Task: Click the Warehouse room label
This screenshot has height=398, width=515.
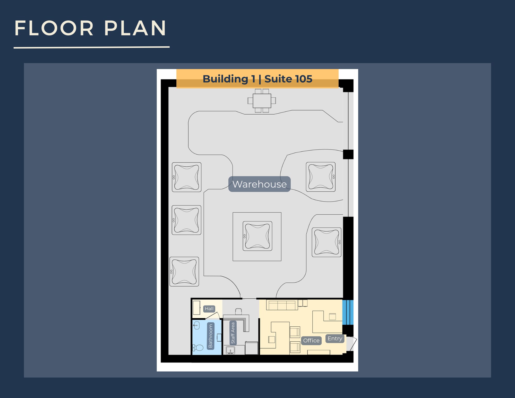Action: [x=259, y=184]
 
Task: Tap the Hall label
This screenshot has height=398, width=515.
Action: [x=209, y=309]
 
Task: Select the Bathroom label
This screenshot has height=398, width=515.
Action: [x=211, y=336]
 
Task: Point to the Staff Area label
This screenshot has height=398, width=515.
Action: [x=233, y=333]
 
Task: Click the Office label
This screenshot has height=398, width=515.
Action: [x=311, y=341]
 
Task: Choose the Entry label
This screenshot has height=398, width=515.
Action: [x=335, y=338]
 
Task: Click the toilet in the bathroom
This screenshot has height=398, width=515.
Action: [x=198, y=348]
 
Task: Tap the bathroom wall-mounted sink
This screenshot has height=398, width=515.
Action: [x=196, y=325]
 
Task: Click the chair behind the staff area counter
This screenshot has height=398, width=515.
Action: [x=238, y=311]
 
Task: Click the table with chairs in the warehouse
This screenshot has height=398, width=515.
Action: [x=262, y=101]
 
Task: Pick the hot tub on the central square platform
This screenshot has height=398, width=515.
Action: [x=257, y=236]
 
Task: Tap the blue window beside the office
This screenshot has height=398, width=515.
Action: [x=348, y=312]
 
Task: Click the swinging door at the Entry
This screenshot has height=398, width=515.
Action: [x=352, y=344]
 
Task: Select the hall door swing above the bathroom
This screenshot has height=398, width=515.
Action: [x=214, y=316]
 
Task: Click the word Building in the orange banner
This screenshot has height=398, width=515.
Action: [x=225, y=79]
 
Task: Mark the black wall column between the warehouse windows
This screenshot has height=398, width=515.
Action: [x=348, y=154]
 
